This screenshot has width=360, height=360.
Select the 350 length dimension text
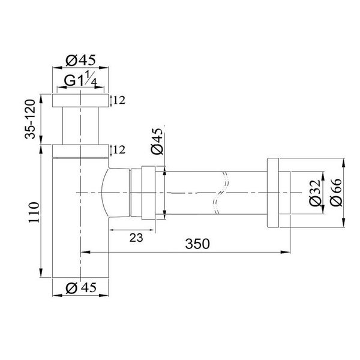(197, 244)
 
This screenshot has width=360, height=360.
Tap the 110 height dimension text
(34, 212)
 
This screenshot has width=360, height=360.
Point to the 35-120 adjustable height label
(30, 119)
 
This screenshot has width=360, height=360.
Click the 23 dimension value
(136, 238)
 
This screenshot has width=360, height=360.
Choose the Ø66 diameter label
(335, 193)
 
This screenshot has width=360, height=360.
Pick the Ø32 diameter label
(314, 193)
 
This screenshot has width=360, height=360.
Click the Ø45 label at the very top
(80, 61)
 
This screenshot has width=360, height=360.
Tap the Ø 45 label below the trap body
(81, 287)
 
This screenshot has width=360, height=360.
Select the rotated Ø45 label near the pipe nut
(157, 141)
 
